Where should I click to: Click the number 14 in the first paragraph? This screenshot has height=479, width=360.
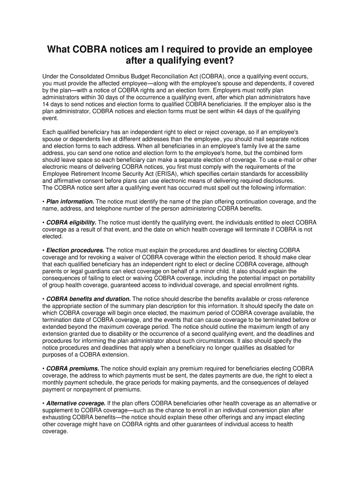(46, 104)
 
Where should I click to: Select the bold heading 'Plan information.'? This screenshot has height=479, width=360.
(70, 202)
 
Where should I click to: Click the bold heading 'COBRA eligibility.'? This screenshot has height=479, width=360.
(72, 223)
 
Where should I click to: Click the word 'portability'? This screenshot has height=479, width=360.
(299, 278)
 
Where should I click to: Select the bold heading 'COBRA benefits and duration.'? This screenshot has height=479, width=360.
(88, 299)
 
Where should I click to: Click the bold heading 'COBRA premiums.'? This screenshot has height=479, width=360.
(72, 369)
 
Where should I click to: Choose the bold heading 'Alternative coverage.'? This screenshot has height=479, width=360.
(76, 403)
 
